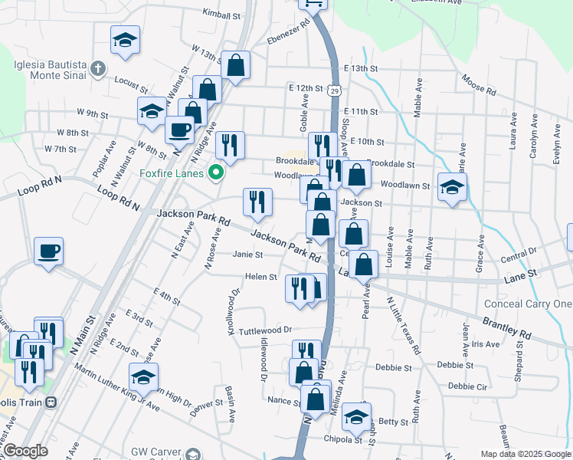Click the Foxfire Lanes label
172,172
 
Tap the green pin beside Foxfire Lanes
216,172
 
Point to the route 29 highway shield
335,91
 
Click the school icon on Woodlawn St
453,187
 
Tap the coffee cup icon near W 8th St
179,130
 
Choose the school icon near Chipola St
356,417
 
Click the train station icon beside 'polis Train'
51,402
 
